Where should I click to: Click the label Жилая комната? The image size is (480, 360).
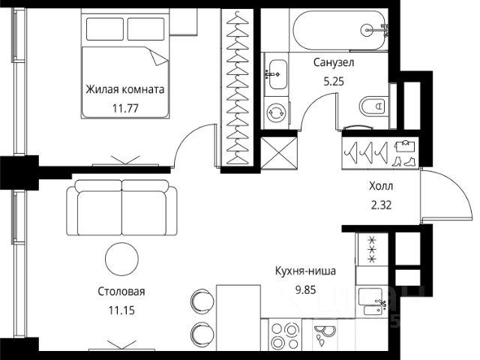124,89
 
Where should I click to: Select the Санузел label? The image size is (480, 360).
334,64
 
